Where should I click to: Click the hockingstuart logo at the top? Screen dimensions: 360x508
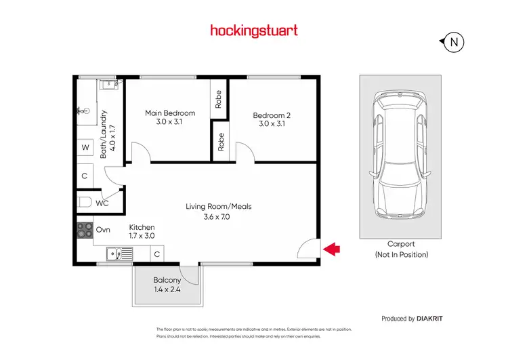[254, 31]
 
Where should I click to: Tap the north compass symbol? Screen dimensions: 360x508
[454, 43]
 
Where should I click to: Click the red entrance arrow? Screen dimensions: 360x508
[331, 249]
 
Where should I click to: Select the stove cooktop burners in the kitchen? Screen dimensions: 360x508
[85, 231]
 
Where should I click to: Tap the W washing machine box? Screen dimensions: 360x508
[85, 147]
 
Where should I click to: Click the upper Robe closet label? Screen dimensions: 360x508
[219, 100]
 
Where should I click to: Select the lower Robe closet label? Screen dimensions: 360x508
[221, 141]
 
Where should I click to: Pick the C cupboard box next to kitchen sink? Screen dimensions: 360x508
[156, 255]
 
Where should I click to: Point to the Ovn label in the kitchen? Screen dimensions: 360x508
[103, 230]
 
